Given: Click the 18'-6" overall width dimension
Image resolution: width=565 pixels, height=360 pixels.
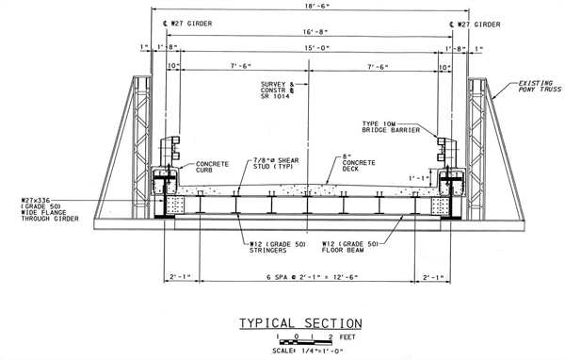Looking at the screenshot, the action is point(318,6).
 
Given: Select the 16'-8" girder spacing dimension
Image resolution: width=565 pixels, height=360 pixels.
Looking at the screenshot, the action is point(315,32).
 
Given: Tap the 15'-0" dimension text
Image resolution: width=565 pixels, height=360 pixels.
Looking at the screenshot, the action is point(317,48).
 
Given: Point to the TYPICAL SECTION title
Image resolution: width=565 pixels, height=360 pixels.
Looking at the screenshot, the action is point(300,323).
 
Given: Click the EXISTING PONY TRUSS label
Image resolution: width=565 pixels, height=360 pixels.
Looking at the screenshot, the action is point(540,86).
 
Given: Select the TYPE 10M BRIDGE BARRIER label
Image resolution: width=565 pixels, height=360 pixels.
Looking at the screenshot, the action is point(391,127).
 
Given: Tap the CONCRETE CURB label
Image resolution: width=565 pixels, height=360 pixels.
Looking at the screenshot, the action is point(212,167).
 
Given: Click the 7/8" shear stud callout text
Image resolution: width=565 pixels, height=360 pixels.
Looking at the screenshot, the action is point(276,163).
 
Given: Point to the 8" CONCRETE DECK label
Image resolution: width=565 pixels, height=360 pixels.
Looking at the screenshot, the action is point(359,163).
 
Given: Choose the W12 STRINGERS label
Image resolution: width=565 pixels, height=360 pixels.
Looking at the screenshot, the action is point(278,247).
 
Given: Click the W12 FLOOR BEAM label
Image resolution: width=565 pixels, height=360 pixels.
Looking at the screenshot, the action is point(350,247).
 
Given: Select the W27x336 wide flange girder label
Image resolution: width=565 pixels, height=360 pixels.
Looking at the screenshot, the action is point(50,209).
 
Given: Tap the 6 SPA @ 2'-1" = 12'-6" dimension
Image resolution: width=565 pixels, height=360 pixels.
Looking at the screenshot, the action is point(312,277).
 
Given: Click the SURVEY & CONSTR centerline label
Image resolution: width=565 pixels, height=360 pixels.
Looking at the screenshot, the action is point(278,90).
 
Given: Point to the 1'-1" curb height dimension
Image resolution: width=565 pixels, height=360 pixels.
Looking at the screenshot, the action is point(419,178).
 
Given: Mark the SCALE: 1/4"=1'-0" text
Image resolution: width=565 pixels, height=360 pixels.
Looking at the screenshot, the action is point(308,351).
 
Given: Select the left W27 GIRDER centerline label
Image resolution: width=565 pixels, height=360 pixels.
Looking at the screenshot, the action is point(187,24).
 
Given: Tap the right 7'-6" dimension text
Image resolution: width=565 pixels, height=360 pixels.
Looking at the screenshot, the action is point(378,67).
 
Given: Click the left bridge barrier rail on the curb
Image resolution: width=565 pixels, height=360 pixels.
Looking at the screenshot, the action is point(171,151).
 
